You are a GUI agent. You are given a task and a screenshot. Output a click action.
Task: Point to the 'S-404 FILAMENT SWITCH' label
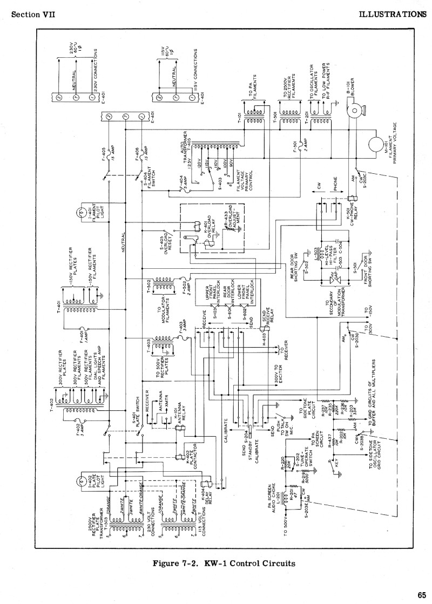tap(148, 179)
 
